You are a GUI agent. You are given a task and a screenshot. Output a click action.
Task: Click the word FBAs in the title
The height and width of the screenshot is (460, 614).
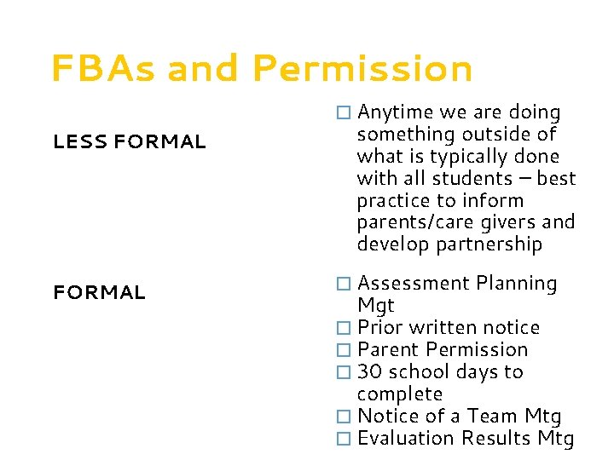[x=103, y=69]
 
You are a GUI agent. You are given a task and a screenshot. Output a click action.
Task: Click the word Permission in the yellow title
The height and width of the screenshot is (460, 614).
[x=362, y=69]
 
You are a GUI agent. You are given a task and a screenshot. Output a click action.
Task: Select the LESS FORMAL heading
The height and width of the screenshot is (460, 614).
[x=130, y=142]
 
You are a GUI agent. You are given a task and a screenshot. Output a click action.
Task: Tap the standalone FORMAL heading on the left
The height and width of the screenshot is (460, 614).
[x=99, y=293]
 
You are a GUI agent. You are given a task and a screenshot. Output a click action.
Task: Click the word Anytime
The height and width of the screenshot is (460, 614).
[x=394, y=112]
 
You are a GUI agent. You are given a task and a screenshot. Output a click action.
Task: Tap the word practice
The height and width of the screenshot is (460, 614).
[x=393, y=201]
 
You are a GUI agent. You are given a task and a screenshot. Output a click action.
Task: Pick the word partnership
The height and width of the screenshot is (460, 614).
[x=489, y=245]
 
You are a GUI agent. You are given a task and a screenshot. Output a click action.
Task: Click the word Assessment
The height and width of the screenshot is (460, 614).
[x=414, y=284]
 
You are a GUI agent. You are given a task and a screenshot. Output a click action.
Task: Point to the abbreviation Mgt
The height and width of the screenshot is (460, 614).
[x=376, y=306]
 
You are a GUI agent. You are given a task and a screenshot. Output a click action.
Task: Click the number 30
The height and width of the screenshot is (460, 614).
[x=369, y=372]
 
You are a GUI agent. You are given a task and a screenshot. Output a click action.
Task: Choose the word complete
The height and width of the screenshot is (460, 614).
[x=399, y=394]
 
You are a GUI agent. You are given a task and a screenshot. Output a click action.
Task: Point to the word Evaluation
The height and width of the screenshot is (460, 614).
[x=406, y=439]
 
